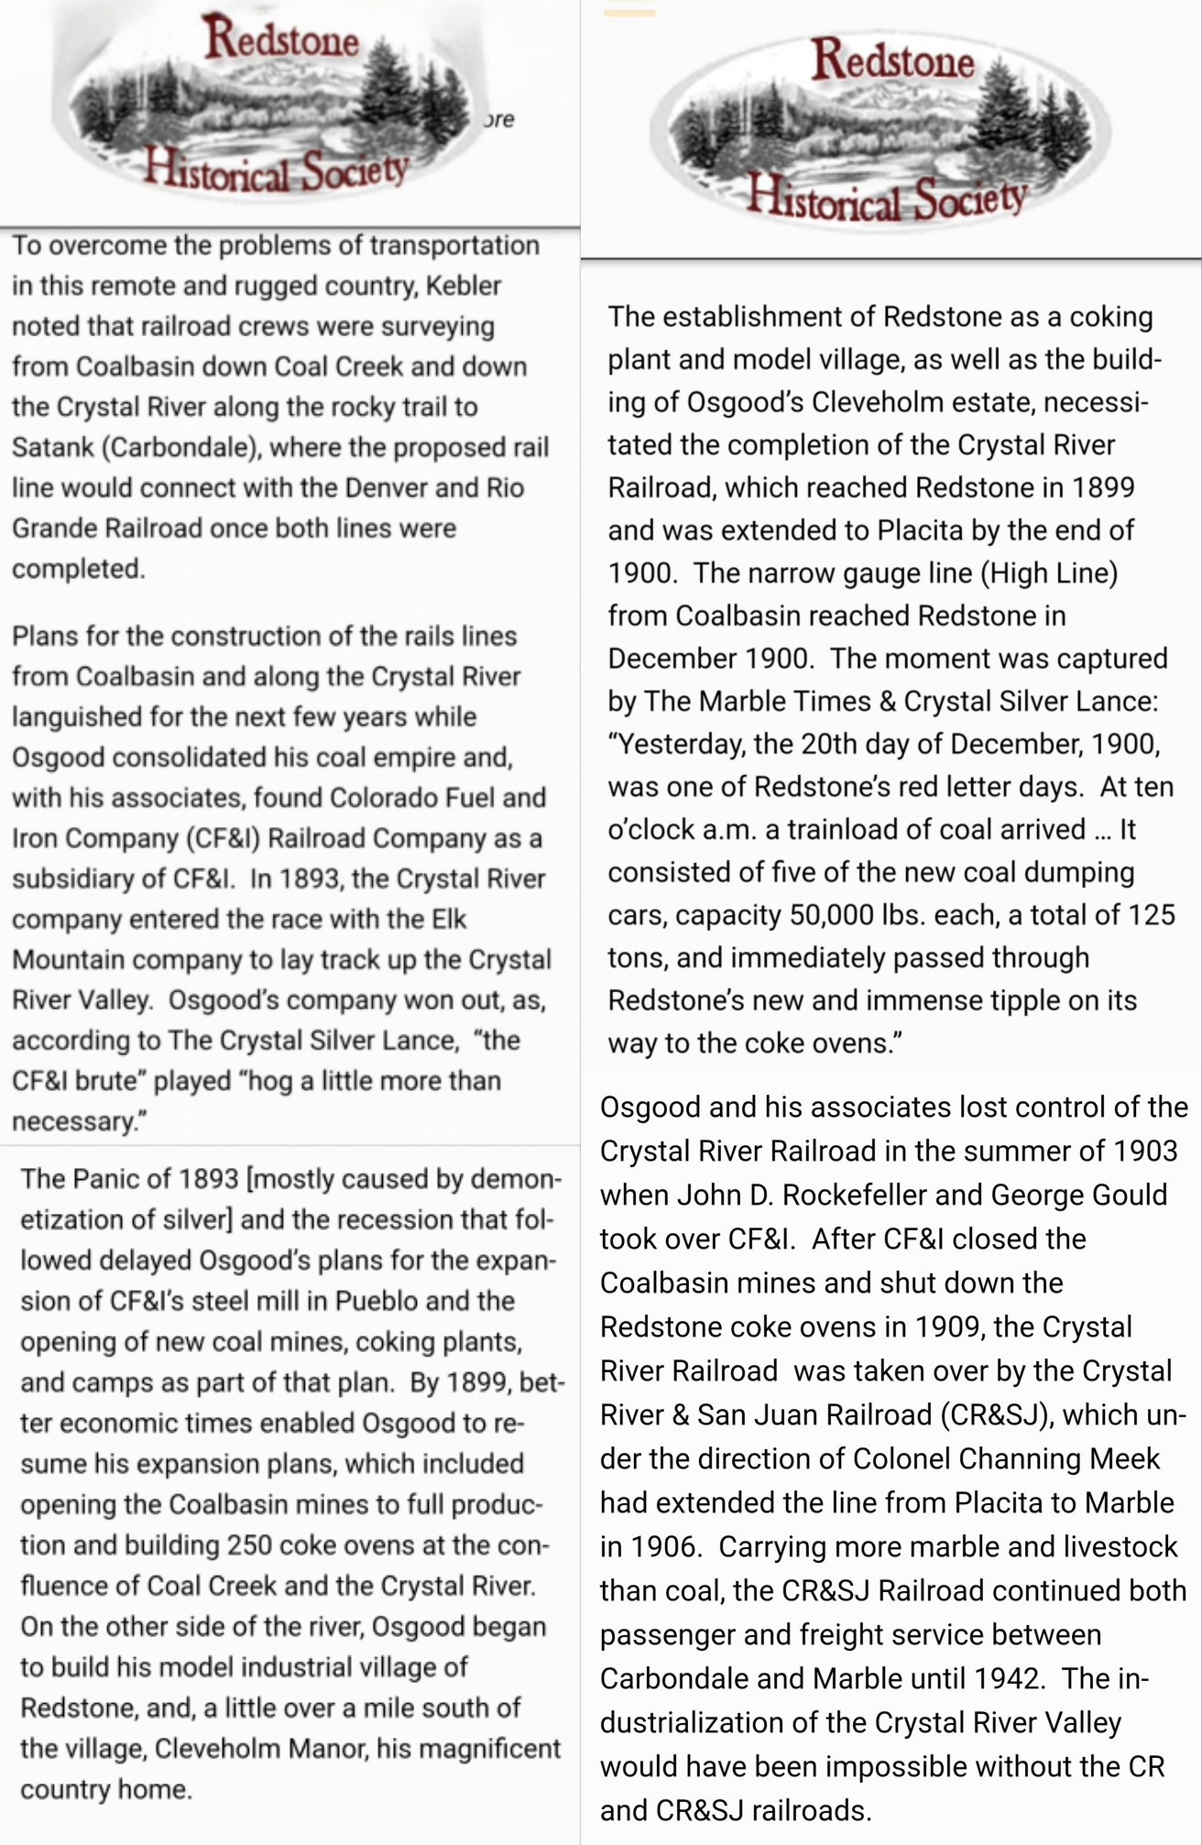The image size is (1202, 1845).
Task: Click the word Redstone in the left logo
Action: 281,39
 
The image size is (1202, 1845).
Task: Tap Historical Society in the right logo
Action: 886,197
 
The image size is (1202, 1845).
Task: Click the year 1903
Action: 1139,1151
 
